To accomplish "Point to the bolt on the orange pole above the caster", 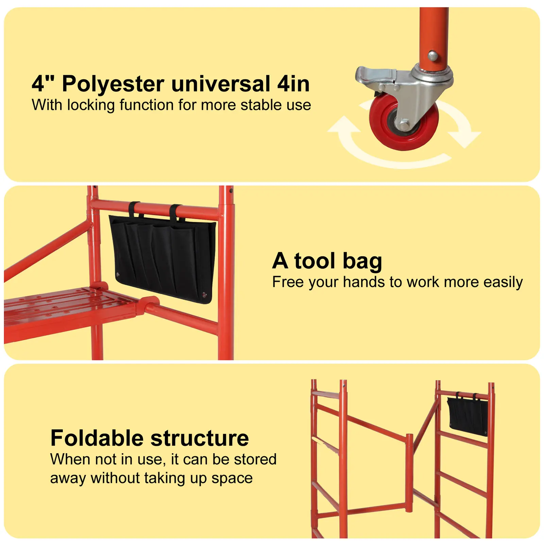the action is tap(432, 55).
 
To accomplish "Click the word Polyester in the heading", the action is tap(113, 84).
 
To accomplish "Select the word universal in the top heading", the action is tap(221, 84).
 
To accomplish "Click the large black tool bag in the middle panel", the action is tap(163, 258).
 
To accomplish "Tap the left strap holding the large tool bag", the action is tap(134, 209).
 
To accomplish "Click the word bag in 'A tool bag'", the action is tap(362, 262).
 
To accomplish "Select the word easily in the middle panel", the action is tap(503, 283).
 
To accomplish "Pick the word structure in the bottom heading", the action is tap(200, 439).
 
